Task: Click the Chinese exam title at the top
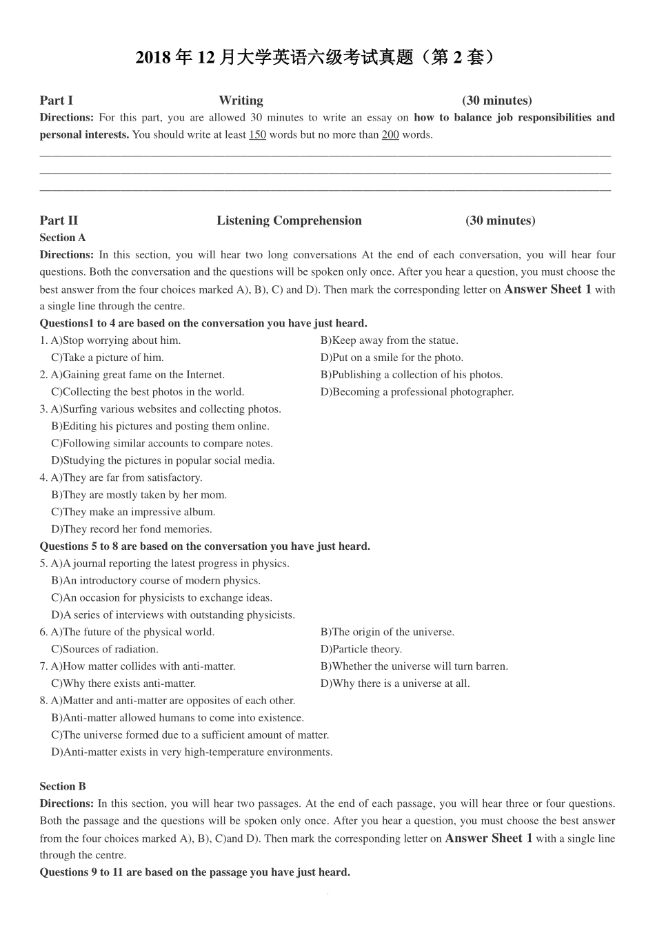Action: tap(315, 57)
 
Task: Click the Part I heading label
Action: tap(57, 101)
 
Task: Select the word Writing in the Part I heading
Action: tap(241, 101)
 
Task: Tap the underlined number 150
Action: tap(257, 135)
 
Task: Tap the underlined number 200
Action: tap(390, 135)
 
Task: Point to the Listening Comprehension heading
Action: tap(289, 220)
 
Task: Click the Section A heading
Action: tap(63, 238)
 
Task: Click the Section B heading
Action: tap(63, 786)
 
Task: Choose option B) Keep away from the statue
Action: tap(389, 340)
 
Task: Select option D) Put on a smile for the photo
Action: tap(392, 358)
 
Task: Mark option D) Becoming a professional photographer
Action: tap(417, 392)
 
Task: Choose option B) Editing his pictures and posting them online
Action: tap(160, 426)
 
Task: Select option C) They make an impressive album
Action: tap(133, 512)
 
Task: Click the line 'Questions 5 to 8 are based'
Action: tap(205, 546)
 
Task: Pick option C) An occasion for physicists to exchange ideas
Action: tap(161, 598)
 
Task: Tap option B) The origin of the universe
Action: tap(387, 632)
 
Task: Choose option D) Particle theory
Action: tap(361, 649)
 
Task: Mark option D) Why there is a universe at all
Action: tap(395, 683)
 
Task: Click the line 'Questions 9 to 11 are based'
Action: tap(194, 872)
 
